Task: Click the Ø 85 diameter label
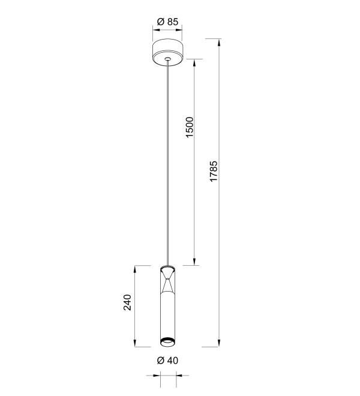(x=167, y=22)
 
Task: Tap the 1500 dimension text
(x=189, y=127)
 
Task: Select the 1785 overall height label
(x=214, y=171)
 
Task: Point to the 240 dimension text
(x=127, y=302)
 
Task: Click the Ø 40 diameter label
(x=167, y=361)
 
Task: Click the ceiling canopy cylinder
(x=167, y=53)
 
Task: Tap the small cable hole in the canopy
(x=167, y=59)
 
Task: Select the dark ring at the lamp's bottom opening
(x=167, y=340)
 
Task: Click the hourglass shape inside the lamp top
(x=167, y=280)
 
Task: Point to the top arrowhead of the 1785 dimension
(x=219, y=43)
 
